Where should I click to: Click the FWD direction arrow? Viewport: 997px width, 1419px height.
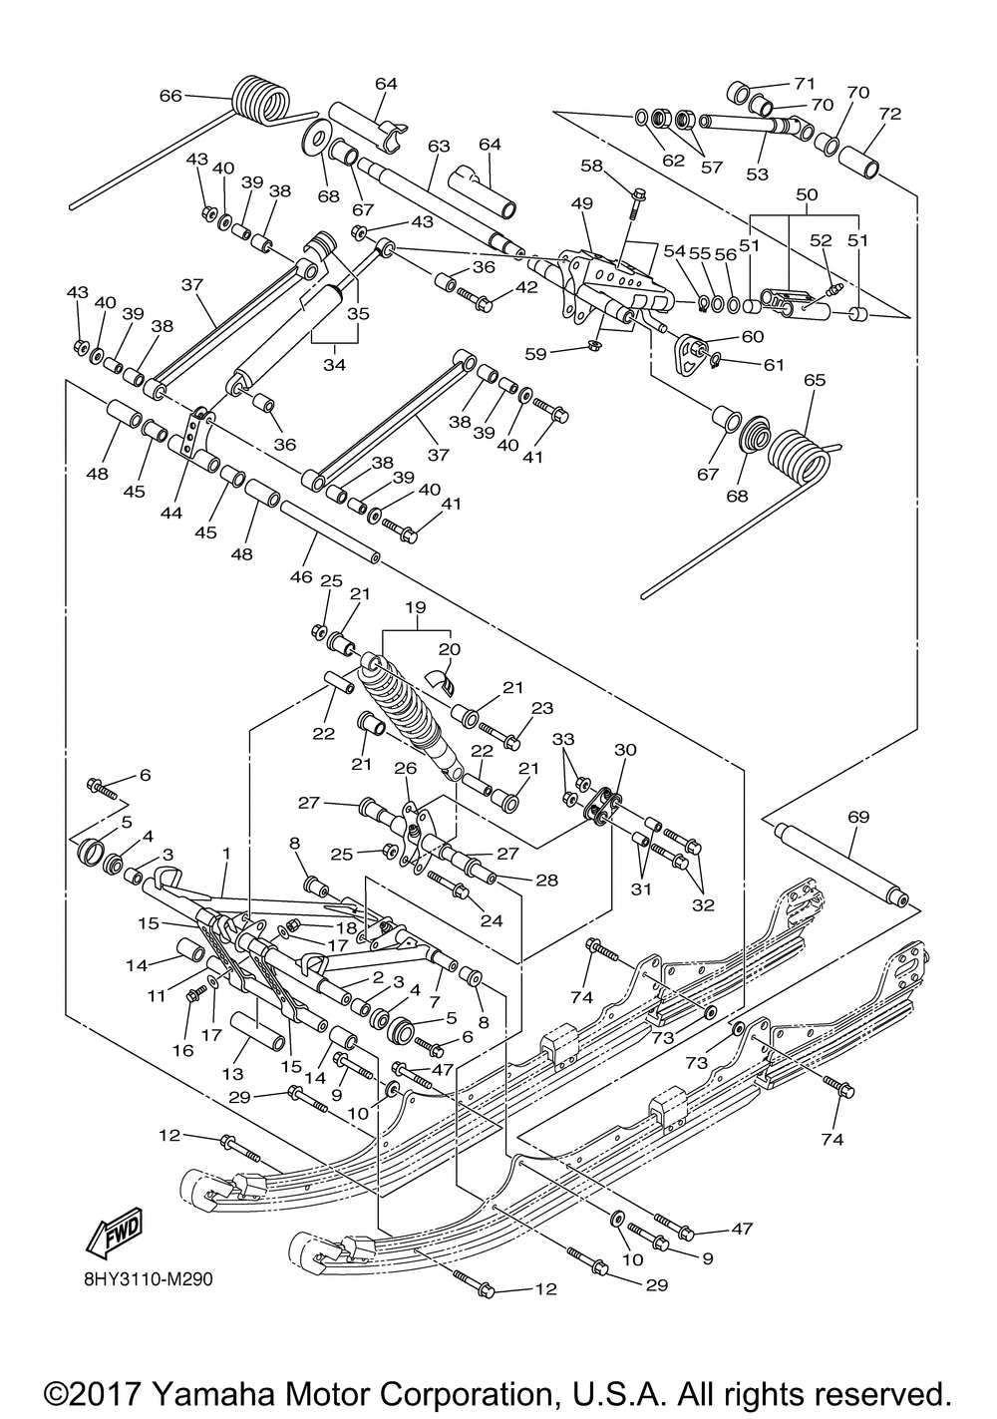click(115, 1231)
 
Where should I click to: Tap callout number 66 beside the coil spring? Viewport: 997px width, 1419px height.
click(170, 96)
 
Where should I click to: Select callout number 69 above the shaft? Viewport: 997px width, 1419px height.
click(857, 818)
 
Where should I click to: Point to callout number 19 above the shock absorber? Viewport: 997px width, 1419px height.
click(416, 606)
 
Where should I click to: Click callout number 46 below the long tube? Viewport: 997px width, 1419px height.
click(300, 576)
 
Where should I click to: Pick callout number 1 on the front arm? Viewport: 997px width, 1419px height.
click(226, 854)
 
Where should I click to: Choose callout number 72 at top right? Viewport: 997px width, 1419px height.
click(889, 114)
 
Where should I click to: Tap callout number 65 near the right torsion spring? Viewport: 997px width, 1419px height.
click(815, 380)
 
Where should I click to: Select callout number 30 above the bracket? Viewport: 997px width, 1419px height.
click(624, 750)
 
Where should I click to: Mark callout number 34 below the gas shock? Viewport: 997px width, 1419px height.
click(333, 366)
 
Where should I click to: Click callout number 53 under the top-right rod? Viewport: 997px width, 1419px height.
click(758, 175)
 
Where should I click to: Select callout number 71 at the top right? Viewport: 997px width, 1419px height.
click(804, 83)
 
